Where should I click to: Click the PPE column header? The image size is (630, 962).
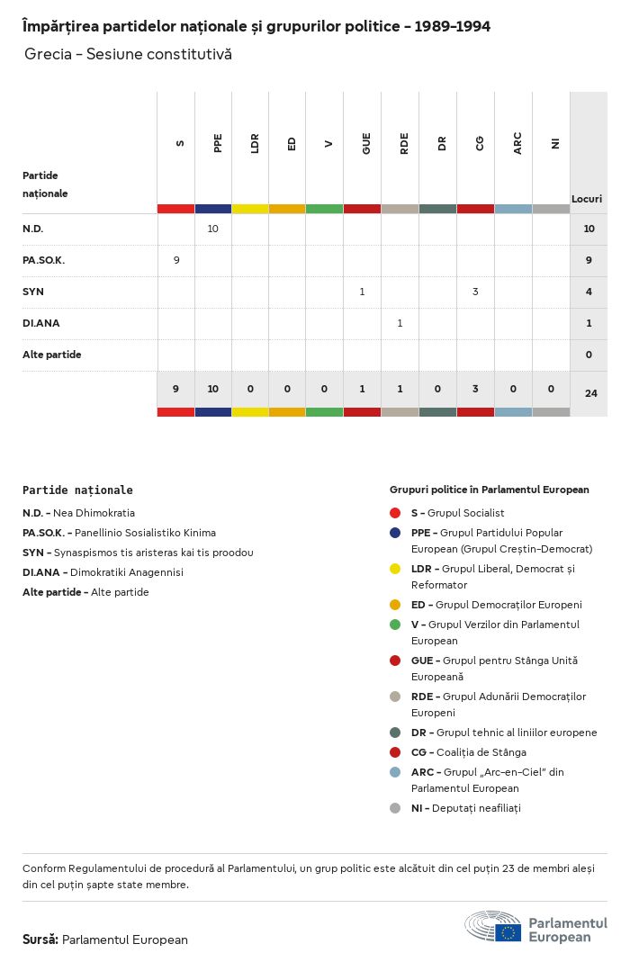[218, 143]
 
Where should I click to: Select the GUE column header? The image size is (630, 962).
[366, 143]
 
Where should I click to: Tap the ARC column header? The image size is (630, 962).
[517, 143]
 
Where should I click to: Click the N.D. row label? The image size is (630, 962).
[33, 229]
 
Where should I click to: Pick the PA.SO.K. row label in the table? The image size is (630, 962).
[44, 260]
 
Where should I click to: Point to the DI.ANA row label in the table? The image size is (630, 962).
[41, 323]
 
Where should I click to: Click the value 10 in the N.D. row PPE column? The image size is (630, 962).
[213, 229]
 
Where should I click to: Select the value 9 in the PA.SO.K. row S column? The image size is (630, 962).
[176, 260]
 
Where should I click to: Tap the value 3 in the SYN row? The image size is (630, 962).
[475, 292]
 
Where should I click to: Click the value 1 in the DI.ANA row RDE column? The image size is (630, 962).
[400, 323]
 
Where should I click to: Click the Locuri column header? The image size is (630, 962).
[587, 198]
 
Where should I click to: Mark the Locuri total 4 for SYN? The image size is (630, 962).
[589, 292]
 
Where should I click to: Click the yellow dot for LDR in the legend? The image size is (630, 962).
[395, 569]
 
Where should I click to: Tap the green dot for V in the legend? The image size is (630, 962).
[395, 625]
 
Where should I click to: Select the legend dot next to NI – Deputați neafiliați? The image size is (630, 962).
[395, 808]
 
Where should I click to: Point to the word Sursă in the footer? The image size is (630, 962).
[40, 940]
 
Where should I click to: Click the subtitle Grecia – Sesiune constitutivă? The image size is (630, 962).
[128, 54]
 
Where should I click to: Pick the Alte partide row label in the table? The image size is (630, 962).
[52, 355]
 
